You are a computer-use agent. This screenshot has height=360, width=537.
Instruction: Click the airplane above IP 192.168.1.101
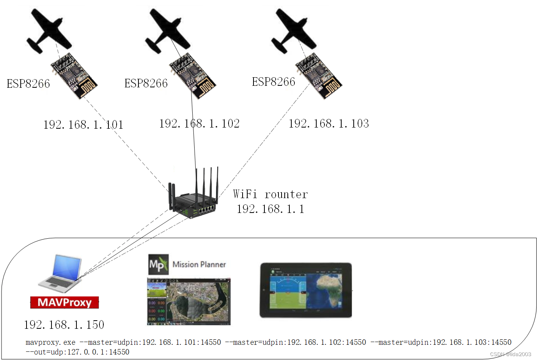tap(48, 31)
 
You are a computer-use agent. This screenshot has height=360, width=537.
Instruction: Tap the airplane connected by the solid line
tap(167, 31)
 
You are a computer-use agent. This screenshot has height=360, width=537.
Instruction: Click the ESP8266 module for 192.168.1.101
tap(74, 76)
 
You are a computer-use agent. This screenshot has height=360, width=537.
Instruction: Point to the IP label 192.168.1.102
tap(199, 124)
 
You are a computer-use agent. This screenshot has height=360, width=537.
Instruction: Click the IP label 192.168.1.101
tap(83, 125)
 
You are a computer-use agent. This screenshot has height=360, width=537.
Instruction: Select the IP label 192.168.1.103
tap(329, 124)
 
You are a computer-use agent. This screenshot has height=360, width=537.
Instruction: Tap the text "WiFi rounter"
tap(270, 194)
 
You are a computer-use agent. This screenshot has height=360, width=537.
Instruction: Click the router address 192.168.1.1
tap(270, 209)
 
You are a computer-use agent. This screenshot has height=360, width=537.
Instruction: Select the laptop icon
tap(60, 273)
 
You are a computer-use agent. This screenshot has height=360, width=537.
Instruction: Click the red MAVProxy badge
tap(64, 302)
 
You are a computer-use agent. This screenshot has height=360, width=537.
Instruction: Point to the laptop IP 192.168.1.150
tap(64, 325)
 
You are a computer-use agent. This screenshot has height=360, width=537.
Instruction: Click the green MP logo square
tap(158, 264)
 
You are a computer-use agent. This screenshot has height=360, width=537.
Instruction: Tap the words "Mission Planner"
tap(199, 264)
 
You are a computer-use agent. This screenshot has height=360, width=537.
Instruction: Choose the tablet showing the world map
tap(306, 290)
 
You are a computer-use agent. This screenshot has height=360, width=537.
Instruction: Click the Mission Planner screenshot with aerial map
tap(189, 301)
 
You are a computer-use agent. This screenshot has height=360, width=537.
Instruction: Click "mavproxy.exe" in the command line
tap(50, 342)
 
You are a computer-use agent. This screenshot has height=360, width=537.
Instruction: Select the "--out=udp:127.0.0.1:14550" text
tap(77, 352)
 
